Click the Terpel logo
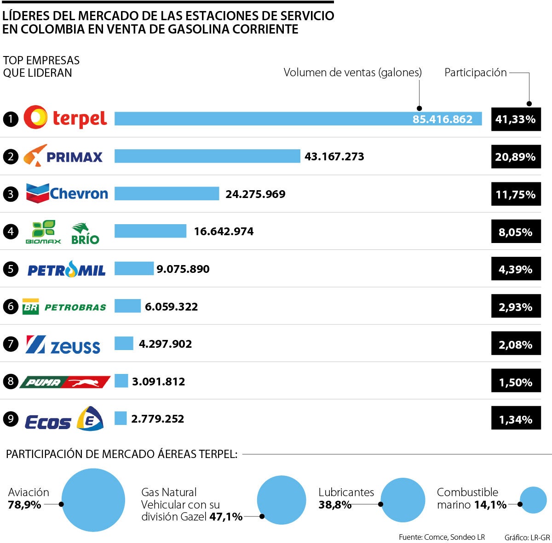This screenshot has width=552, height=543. click(65, 118)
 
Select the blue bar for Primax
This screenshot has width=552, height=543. click(207, 156)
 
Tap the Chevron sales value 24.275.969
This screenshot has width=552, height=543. click(255, 194)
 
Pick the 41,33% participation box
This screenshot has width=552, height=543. click(516, 119)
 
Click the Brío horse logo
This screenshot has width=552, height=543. click(85, 233)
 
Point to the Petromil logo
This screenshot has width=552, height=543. click(66, 269)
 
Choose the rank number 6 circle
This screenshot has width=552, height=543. click(11, 306)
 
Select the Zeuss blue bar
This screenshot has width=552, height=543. click(124, 344)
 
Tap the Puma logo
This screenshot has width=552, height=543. click(65, 382)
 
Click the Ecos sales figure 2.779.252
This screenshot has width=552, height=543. click(157, 419)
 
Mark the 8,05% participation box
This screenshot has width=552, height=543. click(516, 232)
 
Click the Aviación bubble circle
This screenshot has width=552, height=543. click(93, 500)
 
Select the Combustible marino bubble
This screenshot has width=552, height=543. click(533, 500)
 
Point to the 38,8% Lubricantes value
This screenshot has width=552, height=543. click(335, 505)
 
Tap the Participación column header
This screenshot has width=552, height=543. click(475, 73)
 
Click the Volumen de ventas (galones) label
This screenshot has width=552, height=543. click(352, 73)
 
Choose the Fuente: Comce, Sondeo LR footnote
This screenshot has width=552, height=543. click(442, 537)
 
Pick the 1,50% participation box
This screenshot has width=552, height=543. click(516, 382)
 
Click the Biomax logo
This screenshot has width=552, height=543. click(43, 232)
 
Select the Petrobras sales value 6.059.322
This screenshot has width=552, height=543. click(171, 306)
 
